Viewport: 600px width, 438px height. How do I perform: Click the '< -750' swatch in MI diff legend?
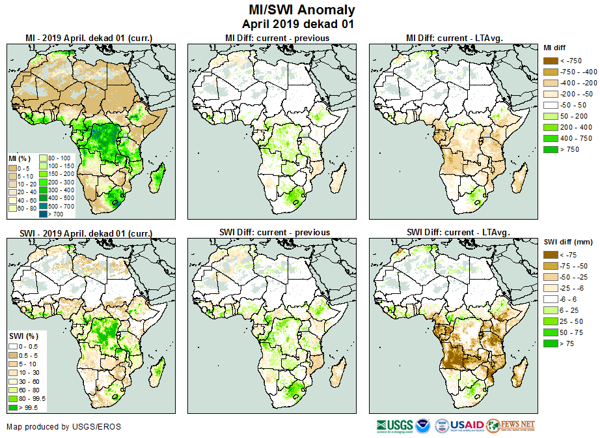[x=551, y=61]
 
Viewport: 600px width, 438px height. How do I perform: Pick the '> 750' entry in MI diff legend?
[x=551, y=149]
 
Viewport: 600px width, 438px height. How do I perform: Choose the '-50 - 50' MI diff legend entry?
[x=551, y=105]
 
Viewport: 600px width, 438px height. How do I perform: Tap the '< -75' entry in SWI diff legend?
[x=551, y=255]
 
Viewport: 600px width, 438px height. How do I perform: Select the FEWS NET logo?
[x=510, y=426]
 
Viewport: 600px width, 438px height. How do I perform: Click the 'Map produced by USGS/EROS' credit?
[x=64, y=427]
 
